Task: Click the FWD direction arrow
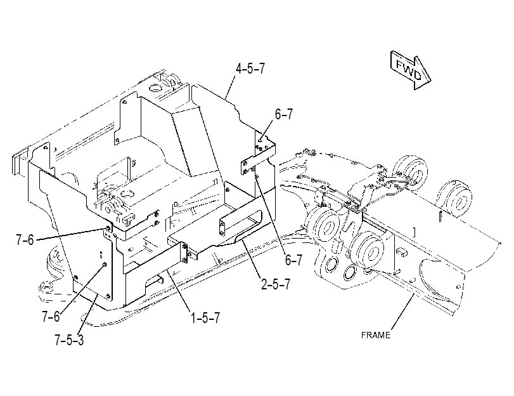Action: click(411, 70)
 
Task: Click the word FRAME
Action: click(376, 335)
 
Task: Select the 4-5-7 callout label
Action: click(250, 69)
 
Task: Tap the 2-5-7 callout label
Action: click(276, 284)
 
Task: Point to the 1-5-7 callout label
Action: click(205, 318)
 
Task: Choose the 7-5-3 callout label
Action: click(69, 340)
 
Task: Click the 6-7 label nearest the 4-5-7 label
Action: click(283, 114)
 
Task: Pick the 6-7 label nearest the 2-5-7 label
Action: click(293, 260)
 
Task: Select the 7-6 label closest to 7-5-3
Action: click(51, 317)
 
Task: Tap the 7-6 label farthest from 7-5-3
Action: click(25, 240)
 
